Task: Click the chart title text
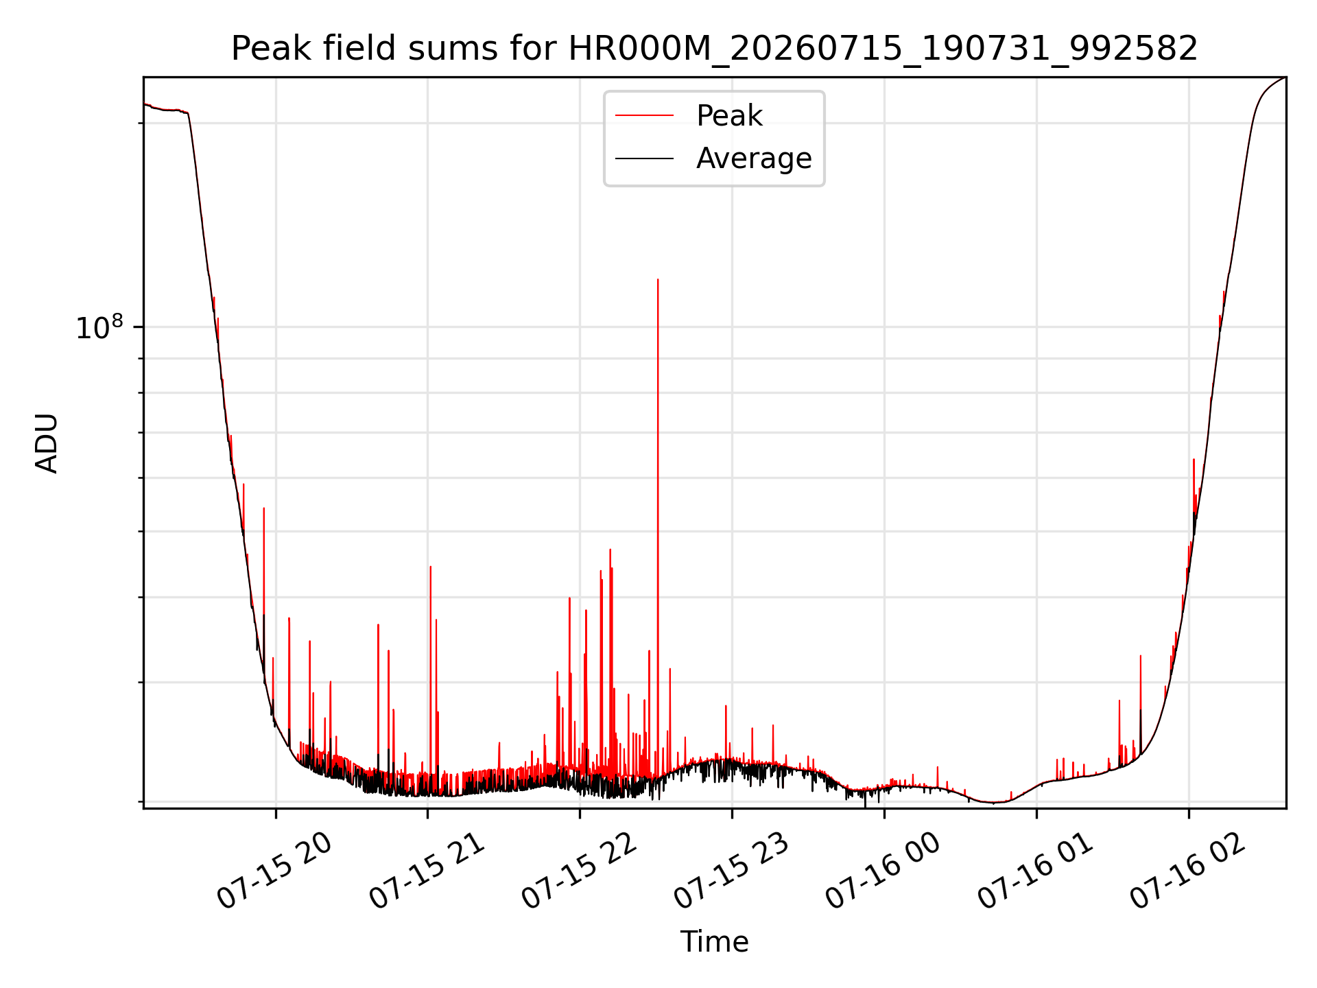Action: tap(714, 49)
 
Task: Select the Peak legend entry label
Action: tap(729, 116)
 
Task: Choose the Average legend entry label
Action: tap(754, 158)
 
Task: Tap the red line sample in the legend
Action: tap(644, 116)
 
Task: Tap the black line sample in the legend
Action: tap(644, 158)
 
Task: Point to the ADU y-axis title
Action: tap(47, 443)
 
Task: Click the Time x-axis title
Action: tap(714, 942)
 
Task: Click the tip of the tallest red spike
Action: tap(658, 279)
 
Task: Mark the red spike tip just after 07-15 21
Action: tap(430, 567)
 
